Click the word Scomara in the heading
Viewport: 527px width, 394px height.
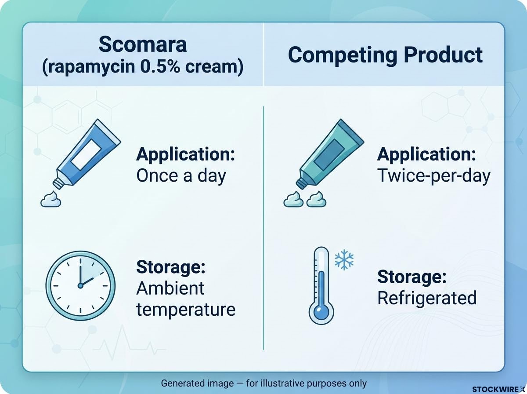143,44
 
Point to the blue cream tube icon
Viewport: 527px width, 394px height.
87,153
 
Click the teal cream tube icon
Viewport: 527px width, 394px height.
330,153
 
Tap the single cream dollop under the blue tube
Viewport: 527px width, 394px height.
51,199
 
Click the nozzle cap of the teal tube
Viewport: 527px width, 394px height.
301,184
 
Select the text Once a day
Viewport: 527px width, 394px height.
181,176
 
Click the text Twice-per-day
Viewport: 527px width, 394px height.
434,176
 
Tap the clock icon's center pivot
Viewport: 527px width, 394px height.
80,285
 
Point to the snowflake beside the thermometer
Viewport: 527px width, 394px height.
344,260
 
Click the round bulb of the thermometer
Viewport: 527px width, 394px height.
321,312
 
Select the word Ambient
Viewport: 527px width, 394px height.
170,288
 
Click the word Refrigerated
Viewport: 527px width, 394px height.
427,298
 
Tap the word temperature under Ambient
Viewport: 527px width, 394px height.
186,310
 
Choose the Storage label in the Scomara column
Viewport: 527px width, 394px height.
171,267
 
